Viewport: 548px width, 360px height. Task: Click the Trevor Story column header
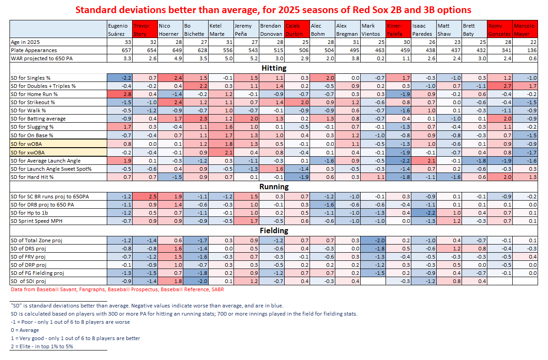(x=144, y=29)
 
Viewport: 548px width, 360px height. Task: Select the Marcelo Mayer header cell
(x=524, y=29)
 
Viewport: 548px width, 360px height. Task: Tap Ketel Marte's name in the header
(x=220, y=29)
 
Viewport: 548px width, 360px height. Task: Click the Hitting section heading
(x=273, y=68)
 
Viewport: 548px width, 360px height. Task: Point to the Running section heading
(x=273, y=187)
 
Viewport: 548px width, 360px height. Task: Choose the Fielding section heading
(x=273, y=230)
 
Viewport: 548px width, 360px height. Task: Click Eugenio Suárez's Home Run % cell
(x=119, y=94)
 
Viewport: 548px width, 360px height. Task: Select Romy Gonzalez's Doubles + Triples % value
(x=499, y=86)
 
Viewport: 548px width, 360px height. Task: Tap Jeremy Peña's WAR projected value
(x=246, y=58)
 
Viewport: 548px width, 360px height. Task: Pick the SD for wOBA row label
(x=27, y=144)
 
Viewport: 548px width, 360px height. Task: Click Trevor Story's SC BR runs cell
(x=144, y=196)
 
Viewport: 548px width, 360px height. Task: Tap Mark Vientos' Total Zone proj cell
(x=372, y=240)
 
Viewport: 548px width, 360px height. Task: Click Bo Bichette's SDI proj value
(x=195, y=281)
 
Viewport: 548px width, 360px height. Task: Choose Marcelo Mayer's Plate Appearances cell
(x=524, y=50)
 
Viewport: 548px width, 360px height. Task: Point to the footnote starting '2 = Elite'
(x=41, y=346)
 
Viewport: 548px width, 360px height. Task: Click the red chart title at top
(x=273, y=10)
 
